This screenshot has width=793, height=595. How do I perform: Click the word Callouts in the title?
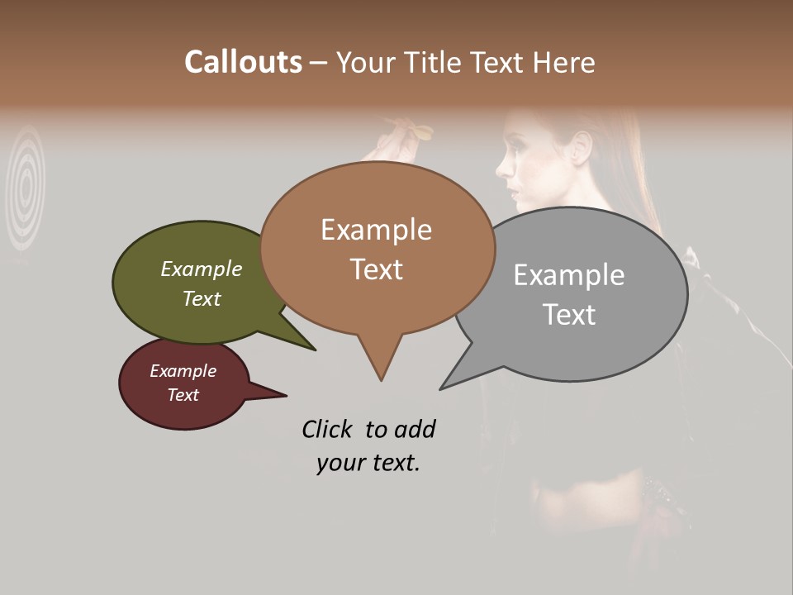(x=243, y=62)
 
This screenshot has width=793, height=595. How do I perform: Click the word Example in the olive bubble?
(x=202, y=269)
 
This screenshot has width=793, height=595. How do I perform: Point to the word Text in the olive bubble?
(x=202, y=298)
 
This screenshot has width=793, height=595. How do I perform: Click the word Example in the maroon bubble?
(x=183, y=371)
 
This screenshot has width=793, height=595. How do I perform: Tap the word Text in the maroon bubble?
(x=183, y=395)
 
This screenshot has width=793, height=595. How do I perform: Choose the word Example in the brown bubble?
(x=376, y=230)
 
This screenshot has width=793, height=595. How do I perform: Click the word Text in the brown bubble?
(x=376, y=269)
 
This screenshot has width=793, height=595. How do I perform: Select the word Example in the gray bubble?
(x=568, y=274)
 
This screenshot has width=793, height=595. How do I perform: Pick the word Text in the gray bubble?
(x=568, y=315)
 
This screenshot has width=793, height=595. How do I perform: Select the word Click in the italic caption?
(x=329, y=429)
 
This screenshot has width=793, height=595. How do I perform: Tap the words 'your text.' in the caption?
(x=368, y=463)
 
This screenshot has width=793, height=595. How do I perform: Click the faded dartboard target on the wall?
(x=26, y=188)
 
